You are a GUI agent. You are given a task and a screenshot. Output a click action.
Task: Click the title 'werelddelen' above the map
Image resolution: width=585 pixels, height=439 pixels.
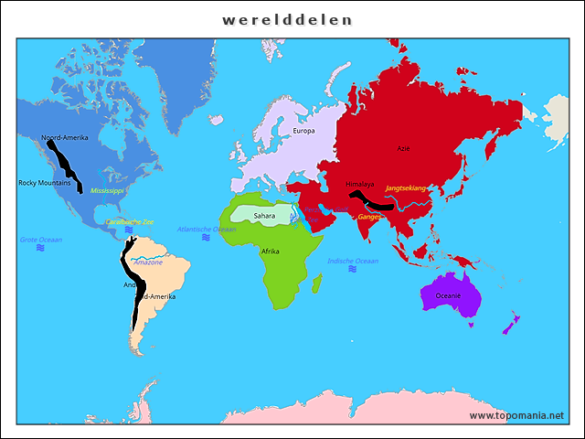(288, 19)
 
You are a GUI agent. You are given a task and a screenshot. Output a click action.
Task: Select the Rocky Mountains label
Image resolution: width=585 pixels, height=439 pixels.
(44, 183)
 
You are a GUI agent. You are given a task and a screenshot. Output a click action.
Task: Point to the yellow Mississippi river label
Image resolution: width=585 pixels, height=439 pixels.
(107, 190)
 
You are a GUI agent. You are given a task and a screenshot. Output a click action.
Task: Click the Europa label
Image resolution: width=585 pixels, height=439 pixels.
(303, 131)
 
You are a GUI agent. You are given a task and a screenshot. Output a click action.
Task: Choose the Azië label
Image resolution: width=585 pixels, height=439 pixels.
(403, 147)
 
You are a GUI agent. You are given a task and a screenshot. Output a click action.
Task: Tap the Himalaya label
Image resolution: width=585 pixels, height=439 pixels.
(360, 184)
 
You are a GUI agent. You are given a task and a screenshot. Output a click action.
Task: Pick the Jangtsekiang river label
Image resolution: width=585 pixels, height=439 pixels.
(406, 187)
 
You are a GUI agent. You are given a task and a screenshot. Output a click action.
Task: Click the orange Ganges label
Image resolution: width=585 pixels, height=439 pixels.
(369, 217)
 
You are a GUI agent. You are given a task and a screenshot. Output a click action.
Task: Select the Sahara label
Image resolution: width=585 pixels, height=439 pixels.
(264, 216)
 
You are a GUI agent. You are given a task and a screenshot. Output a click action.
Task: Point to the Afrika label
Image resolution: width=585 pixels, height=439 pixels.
(271, 251)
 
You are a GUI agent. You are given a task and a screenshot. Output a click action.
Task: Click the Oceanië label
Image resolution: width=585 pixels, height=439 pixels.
(448, 295)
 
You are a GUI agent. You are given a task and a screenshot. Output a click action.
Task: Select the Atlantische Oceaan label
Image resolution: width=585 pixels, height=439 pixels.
(206, 229)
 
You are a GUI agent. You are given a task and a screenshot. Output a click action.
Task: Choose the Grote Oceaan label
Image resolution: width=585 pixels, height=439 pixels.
(41, 240)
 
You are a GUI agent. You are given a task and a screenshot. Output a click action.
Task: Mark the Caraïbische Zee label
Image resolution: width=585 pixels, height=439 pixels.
(129, 221)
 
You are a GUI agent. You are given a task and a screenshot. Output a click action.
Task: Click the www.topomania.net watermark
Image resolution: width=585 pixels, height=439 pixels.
(516, 415)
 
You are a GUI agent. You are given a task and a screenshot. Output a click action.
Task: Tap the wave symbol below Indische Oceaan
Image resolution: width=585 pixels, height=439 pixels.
(352, 271)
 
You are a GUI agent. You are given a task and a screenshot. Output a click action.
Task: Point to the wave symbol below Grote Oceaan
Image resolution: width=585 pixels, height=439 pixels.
(38, 249)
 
